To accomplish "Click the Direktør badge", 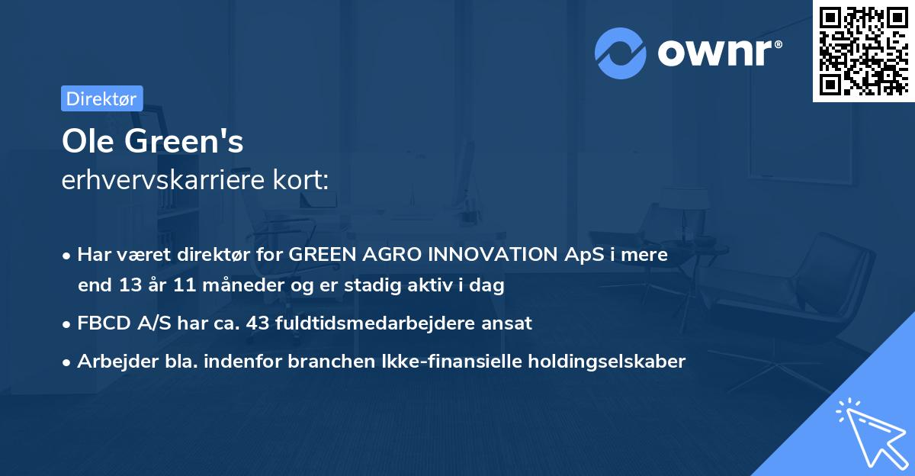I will pos(101,98).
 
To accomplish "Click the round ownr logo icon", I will pos(621,53).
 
